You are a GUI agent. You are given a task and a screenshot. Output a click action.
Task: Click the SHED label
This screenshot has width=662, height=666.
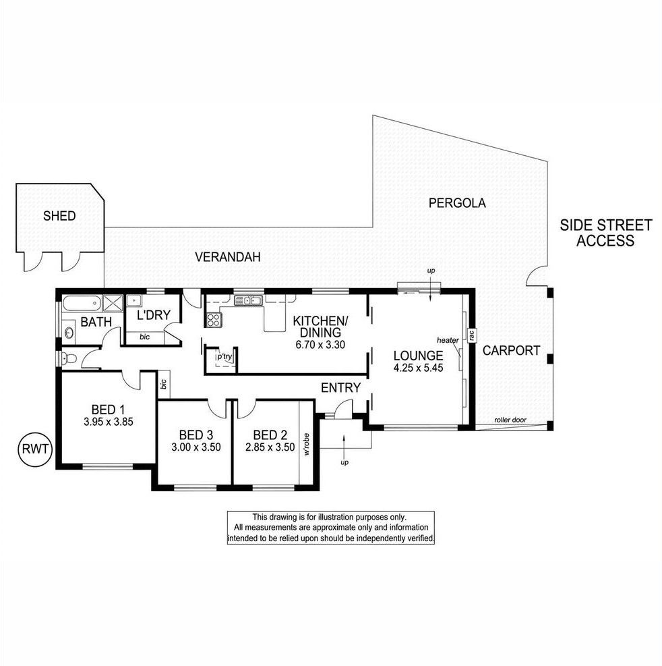pos(59,216)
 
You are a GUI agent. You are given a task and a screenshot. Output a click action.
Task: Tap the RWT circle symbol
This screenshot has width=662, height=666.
pos(35,449)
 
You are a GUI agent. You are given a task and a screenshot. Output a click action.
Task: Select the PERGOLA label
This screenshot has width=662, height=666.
pos(457,203)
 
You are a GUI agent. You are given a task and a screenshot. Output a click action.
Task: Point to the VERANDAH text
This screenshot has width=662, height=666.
pos(227,257)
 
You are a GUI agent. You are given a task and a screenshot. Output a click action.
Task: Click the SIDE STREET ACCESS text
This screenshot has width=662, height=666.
pos(605,233)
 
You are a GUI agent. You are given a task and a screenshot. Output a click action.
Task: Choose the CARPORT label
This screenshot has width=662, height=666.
pos(512,350)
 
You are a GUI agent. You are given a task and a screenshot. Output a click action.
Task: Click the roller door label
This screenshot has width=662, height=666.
pos(510,420)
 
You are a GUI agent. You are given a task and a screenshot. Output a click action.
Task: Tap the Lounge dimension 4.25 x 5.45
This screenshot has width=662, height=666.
pos(418,368)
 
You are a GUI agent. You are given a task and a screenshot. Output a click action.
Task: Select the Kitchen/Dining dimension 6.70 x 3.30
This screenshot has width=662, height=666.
pos(320,344)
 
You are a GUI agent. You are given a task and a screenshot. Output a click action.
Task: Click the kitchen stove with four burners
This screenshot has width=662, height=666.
pos(214,319)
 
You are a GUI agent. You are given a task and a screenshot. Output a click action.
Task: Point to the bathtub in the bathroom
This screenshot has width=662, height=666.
pos(82,303)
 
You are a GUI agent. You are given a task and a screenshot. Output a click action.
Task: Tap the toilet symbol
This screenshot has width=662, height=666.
pos(69,359)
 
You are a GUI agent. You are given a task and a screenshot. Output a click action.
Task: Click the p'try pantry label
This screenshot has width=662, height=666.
pos(225,356)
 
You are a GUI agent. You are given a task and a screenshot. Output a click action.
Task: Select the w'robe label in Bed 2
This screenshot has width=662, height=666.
pos(306,444)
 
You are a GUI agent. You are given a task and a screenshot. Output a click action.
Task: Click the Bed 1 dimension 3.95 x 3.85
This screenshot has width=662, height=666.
pos(109,422)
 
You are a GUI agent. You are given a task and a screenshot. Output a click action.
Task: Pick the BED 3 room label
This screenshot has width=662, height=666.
pos(195,435)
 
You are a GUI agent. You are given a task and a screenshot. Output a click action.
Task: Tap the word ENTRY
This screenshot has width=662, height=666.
pos(340,387)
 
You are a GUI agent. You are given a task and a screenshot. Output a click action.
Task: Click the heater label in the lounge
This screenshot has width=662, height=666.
pos(448,340)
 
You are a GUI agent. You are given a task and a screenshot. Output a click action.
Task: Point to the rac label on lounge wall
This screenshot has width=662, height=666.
pos(471,335)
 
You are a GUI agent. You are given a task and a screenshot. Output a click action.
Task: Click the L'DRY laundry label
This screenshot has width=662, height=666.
pos(153,314)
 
